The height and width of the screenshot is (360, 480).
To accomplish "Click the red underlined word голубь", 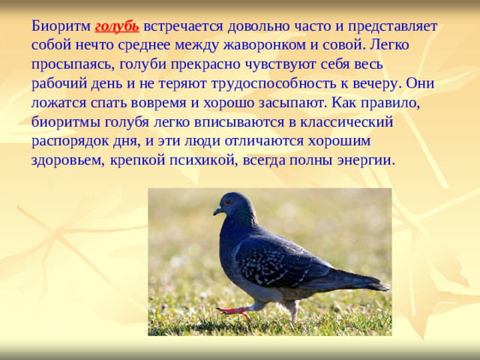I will coord(117,26).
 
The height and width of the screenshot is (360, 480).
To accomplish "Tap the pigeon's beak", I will coord(217,211).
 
